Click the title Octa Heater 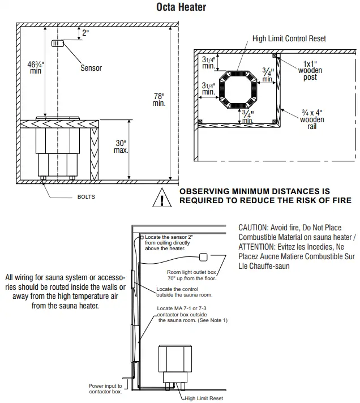181,7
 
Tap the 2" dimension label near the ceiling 85,33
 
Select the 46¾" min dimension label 36,66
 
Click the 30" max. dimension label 121,147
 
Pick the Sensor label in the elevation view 91,68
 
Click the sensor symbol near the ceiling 57,44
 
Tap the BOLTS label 86,197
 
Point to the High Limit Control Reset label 289,38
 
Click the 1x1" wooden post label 310,70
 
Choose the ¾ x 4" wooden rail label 312,119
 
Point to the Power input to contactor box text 105,388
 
